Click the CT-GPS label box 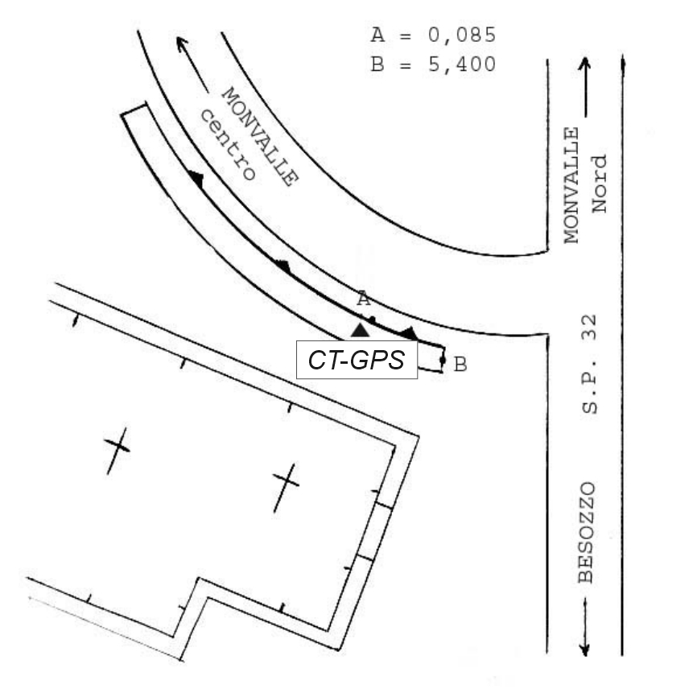[357, 360]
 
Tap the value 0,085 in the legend [462, 35]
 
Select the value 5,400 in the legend [462, 64]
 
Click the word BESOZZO [586, 533]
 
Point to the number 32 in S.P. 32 [589, 328]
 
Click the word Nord [599, 184]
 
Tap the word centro [228, 145]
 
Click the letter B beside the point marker [460, 365]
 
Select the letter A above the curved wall [364, 299]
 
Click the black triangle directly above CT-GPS [360, 331]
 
